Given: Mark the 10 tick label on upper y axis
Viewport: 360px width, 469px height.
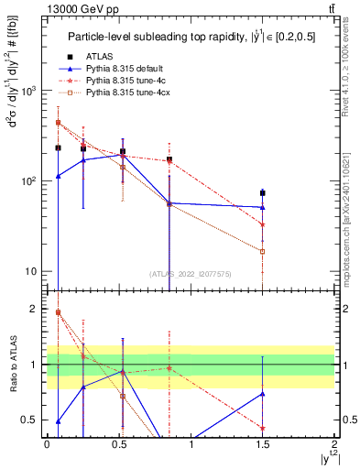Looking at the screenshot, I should (x=31, y=271).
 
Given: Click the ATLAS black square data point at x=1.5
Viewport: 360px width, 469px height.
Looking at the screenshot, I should (x=263, y=193).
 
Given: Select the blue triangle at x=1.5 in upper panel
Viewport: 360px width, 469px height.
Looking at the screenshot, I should (x=263, y=207).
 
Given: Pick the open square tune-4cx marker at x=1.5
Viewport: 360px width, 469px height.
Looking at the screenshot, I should (x=263, y=251).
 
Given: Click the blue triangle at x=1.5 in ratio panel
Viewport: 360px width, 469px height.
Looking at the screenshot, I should (x=263, y=394).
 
